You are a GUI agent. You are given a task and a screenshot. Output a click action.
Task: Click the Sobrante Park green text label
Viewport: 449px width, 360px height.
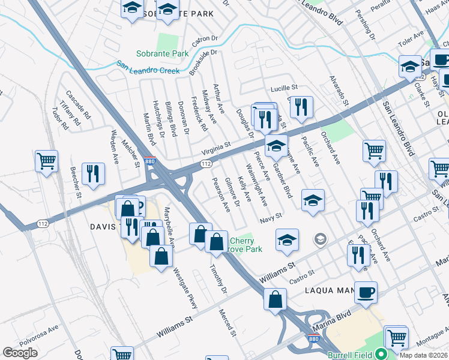pos(162,53)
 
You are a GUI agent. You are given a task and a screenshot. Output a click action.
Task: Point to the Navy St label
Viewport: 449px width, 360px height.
pos(271,220)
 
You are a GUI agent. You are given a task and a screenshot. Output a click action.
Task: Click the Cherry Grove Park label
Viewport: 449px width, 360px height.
pos(246,244)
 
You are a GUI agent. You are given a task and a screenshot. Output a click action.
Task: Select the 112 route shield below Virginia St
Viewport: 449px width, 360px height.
pos(206,163)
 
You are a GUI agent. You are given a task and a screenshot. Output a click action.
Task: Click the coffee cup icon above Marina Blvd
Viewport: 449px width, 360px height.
pos(365,292)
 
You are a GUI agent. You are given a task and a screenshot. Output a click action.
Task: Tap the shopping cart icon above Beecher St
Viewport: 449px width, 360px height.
pos(46,160)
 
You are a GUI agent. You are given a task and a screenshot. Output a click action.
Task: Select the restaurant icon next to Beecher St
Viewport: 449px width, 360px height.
pos(92,173)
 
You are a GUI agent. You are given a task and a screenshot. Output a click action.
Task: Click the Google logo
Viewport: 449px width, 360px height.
pos(20,353)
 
